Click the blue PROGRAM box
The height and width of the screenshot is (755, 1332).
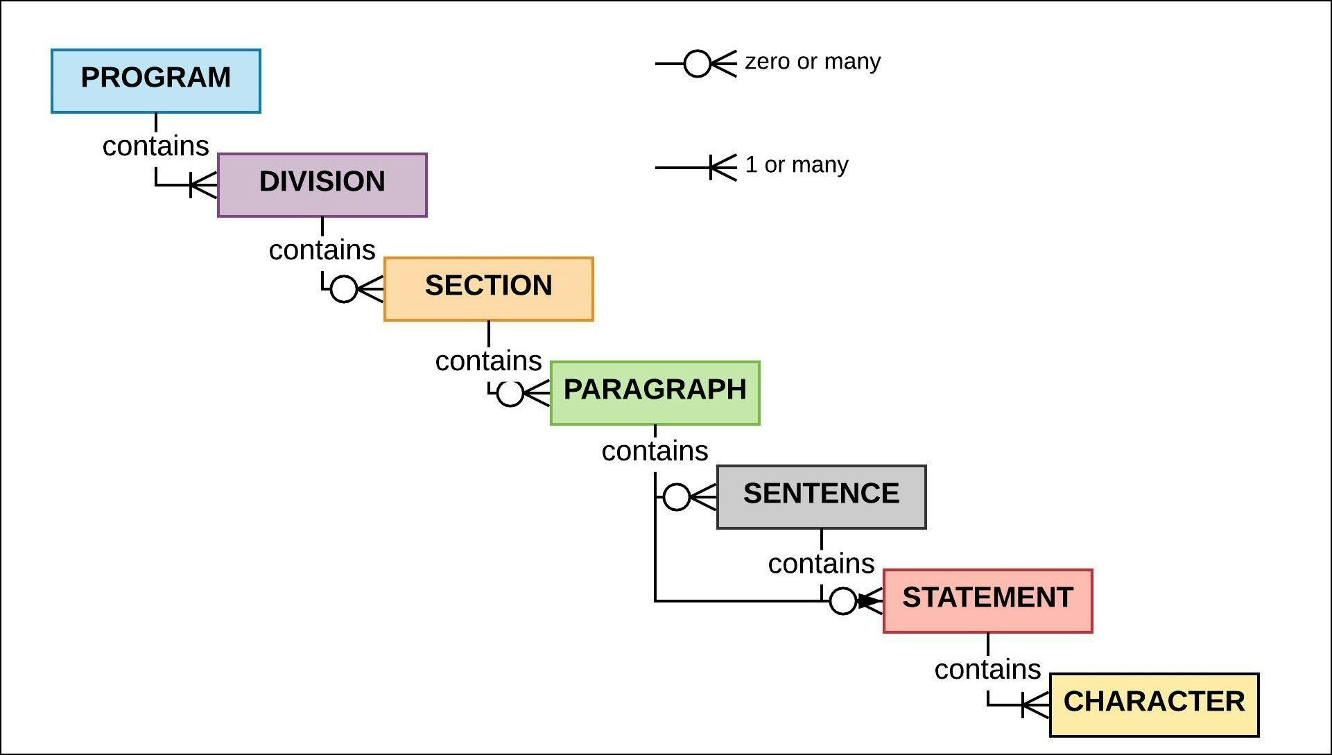[156, 81]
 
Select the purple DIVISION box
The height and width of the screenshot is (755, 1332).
[322, 185]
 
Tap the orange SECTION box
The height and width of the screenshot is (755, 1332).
[489, 289]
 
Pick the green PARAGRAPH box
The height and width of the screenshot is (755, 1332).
[655, 393]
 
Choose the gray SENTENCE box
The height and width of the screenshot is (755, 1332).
[822, 497]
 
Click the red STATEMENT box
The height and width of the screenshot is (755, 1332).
[988, 601]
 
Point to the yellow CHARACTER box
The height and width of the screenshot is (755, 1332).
[1154, 705]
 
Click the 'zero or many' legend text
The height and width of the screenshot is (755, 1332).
[813, 62]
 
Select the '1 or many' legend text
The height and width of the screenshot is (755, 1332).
[797, 165]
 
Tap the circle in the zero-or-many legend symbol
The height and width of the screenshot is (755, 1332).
[698, 64]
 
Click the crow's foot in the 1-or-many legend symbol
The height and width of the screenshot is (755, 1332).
[723, 168]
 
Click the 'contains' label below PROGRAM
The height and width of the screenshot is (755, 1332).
[156, 146]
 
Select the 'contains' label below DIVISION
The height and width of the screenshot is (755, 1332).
[322, 250]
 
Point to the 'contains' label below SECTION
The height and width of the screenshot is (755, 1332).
[489, 361]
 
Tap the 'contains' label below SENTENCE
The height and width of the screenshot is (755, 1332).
[822, 564]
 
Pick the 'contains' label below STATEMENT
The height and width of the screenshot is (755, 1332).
[988, 670]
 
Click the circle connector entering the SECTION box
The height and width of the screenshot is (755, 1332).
[344, 288]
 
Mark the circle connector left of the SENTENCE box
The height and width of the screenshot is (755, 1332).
[677, 497]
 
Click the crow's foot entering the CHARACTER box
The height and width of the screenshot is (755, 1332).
[1036, 706]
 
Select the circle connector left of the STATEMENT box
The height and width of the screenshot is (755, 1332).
[843, 601]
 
